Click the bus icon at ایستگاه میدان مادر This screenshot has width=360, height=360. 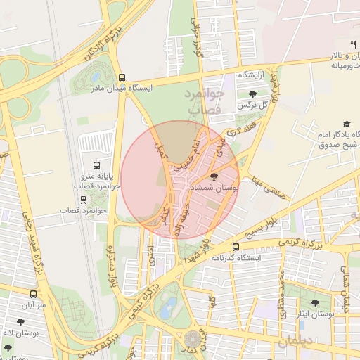tap(122, 78)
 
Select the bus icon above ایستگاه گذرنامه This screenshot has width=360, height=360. tap(236, 247)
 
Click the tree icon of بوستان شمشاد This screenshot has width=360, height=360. tap(214, 176)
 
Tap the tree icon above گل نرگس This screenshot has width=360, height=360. tap(252, 94)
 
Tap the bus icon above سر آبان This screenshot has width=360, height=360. tap(33, 295)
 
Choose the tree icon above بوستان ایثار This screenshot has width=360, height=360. tap(314, 303)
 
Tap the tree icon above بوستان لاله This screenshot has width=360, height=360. tap(8, 347)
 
